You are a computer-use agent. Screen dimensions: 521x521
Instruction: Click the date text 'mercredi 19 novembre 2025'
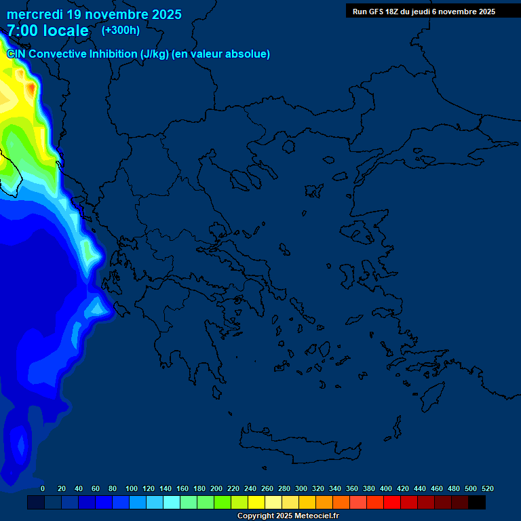(94, 14)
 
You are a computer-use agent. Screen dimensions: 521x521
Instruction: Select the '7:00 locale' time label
(47, 31)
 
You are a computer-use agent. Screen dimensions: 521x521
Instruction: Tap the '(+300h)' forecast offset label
(121, 30)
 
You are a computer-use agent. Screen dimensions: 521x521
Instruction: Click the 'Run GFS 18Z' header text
(375, 12)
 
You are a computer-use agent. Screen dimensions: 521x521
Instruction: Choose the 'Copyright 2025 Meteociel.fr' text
(288, 516)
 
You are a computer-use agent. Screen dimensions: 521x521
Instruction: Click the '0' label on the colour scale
(43, 488)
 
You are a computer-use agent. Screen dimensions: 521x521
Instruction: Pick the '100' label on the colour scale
(132, 488)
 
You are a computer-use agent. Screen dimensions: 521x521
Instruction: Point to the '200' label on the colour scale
(216, 488)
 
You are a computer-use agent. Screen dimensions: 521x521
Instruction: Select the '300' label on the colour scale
(301, 488)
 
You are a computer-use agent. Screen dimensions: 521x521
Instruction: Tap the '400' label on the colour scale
(386, 488)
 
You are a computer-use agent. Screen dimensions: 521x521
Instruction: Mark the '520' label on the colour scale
(488, 488)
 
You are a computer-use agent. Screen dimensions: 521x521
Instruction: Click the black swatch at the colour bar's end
(477, 503)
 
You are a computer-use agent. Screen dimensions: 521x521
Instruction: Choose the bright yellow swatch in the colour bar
(256, 503)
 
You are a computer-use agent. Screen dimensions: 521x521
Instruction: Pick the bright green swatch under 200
(223, 503)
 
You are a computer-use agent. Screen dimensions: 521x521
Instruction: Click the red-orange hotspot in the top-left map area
(31, 88)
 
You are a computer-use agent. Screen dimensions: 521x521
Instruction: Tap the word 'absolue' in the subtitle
(250, 54)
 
